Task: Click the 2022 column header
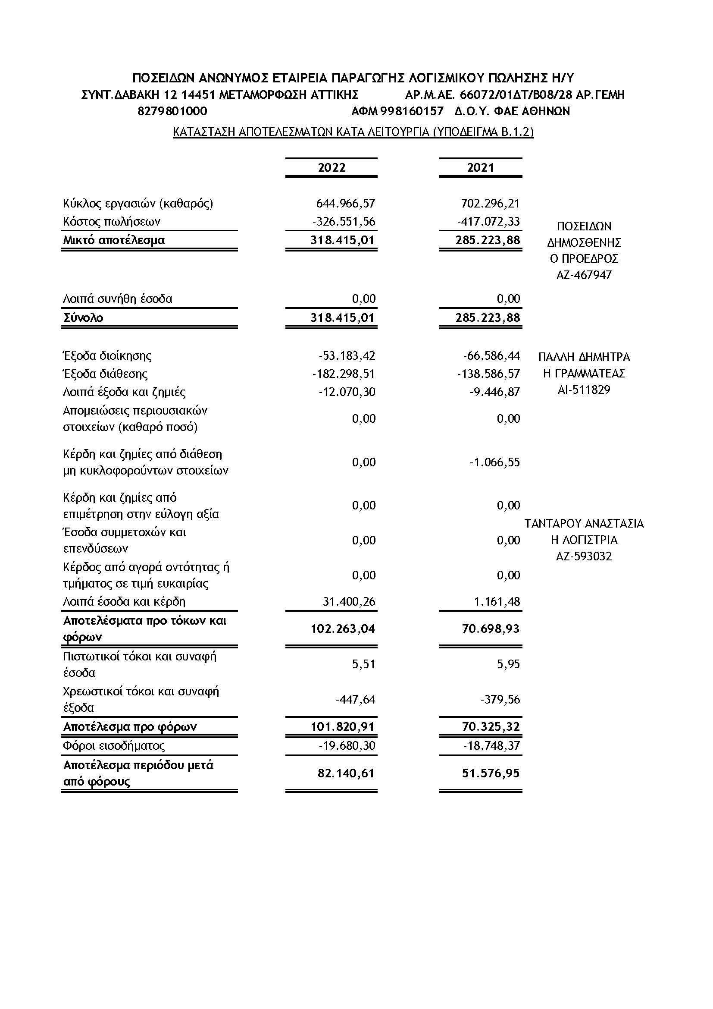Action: point(331,167)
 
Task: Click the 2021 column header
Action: point(480,167)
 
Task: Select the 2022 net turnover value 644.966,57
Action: point(346,203)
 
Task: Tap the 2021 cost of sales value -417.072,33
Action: point(488,221)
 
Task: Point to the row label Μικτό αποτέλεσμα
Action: point(114,240)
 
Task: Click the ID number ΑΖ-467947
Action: point(584,275)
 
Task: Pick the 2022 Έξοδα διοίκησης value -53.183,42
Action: point(347,355)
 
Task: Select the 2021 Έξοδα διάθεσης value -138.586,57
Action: point(488,374)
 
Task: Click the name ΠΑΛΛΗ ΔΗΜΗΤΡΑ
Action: point(584,357)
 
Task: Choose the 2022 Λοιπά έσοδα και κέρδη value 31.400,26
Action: point(349,601)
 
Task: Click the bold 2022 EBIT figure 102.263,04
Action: point(343,629)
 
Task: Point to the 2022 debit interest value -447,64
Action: point(355,699)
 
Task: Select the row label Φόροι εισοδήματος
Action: point(114,746)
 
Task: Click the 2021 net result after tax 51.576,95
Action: point(491,773)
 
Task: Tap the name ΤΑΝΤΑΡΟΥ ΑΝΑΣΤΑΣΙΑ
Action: point(584,523)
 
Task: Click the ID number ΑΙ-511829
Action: point(584,390)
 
